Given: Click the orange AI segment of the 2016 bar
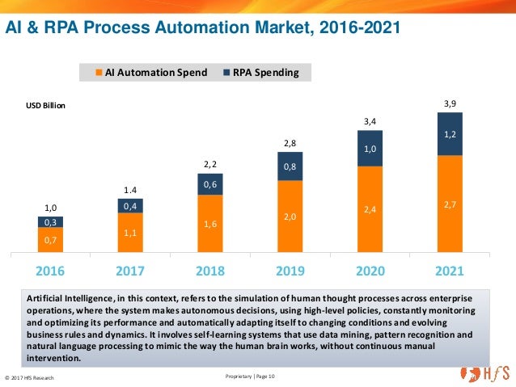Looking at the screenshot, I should point(50,240).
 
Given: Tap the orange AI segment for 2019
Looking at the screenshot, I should point(290,216).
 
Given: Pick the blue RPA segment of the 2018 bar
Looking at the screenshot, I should point(210,184).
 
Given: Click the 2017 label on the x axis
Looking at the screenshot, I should point(130,268).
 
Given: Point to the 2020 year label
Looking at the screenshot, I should point(370,268).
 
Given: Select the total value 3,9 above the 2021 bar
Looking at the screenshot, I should point(450,103).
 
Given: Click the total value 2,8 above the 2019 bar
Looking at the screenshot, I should point(290,143).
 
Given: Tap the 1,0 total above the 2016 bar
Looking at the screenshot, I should point(50,208).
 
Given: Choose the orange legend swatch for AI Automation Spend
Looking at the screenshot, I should point(99,73).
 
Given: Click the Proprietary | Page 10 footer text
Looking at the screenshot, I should point(252,376).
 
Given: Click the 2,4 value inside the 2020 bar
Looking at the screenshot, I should point(370,209).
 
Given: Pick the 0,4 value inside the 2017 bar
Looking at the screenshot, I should point(130,206).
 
